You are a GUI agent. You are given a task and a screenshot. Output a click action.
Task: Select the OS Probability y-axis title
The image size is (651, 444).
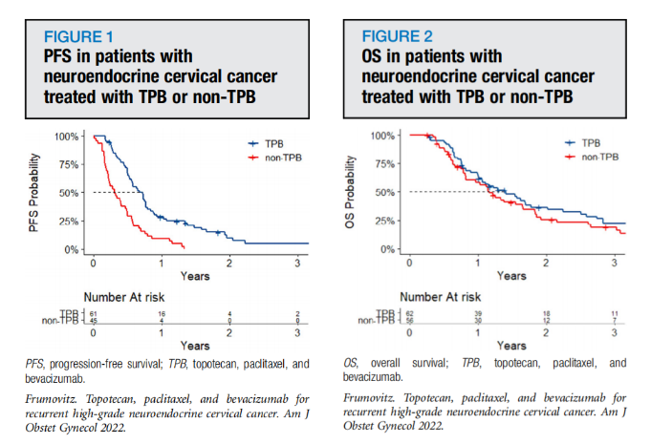360,192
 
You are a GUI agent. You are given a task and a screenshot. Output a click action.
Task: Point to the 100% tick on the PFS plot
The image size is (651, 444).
66,137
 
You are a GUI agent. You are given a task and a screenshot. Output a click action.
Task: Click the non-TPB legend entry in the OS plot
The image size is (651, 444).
599,155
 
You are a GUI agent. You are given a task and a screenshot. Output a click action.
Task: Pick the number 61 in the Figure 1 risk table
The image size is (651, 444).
93,312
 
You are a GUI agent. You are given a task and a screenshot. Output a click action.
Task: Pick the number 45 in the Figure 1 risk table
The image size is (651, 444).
93,321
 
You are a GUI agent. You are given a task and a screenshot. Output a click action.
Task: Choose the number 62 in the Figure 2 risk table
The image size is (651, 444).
410,312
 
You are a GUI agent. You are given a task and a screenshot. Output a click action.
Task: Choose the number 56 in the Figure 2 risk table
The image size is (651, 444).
410,321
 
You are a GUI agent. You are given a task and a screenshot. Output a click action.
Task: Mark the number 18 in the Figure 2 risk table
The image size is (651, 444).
545,312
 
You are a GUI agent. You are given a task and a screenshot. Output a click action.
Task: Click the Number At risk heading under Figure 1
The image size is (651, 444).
131,296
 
